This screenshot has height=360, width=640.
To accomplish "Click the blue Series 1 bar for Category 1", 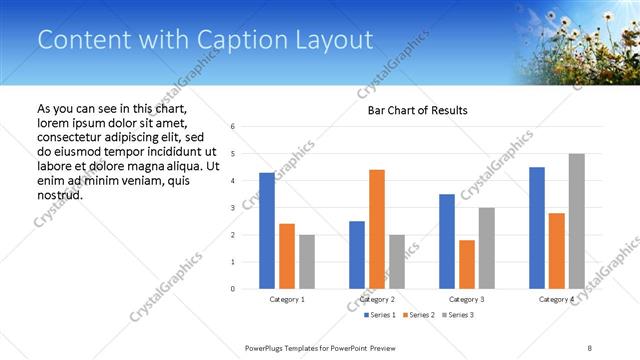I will [x=267, y=231].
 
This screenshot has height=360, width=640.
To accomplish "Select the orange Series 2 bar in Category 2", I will [x=376, y=229].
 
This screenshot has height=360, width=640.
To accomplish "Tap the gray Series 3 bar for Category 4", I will [x=576, y=221].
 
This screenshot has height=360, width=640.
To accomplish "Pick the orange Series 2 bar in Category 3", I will [x=466, y=264].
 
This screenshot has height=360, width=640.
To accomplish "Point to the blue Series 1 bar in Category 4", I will [x=537, y=228].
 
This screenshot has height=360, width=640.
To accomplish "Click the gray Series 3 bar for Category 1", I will [x=306, y=262].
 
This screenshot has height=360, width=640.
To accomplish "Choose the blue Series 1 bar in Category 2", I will [x=357, y=255].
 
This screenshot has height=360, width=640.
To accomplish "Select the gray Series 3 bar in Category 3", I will [x=486, y=248].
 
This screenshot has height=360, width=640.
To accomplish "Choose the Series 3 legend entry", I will [x=456, y=316].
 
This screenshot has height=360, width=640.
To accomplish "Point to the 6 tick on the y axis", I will [x=232, y=127].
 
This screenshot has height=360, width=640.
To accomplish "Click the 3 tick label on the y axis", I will [x=232, y=208].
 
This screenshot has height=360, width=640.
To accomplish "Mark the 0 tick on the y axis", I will [x=232, y=289].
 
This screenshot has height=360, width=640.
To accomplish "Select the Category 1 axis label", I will [x=287, y=300].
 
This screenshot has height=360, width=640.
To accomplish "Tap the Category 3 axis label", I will [x=466, y=300].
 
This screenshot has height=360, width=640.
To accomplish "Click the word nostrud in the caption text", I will [x=60, y=194].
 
